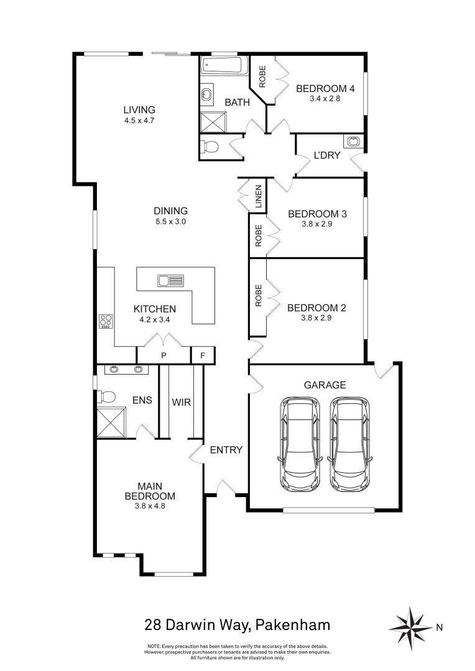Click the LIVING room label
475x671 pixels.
139,110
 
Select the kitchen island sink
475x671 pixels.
170,281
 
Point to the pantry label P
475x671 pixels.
164,356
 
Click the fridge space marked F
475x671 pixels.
202,356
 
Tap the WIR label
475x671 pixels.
181,402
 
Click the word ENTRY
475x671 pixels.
226,450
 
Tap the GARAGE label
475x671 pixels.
325,385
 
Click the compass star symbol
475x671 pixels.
412,626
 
